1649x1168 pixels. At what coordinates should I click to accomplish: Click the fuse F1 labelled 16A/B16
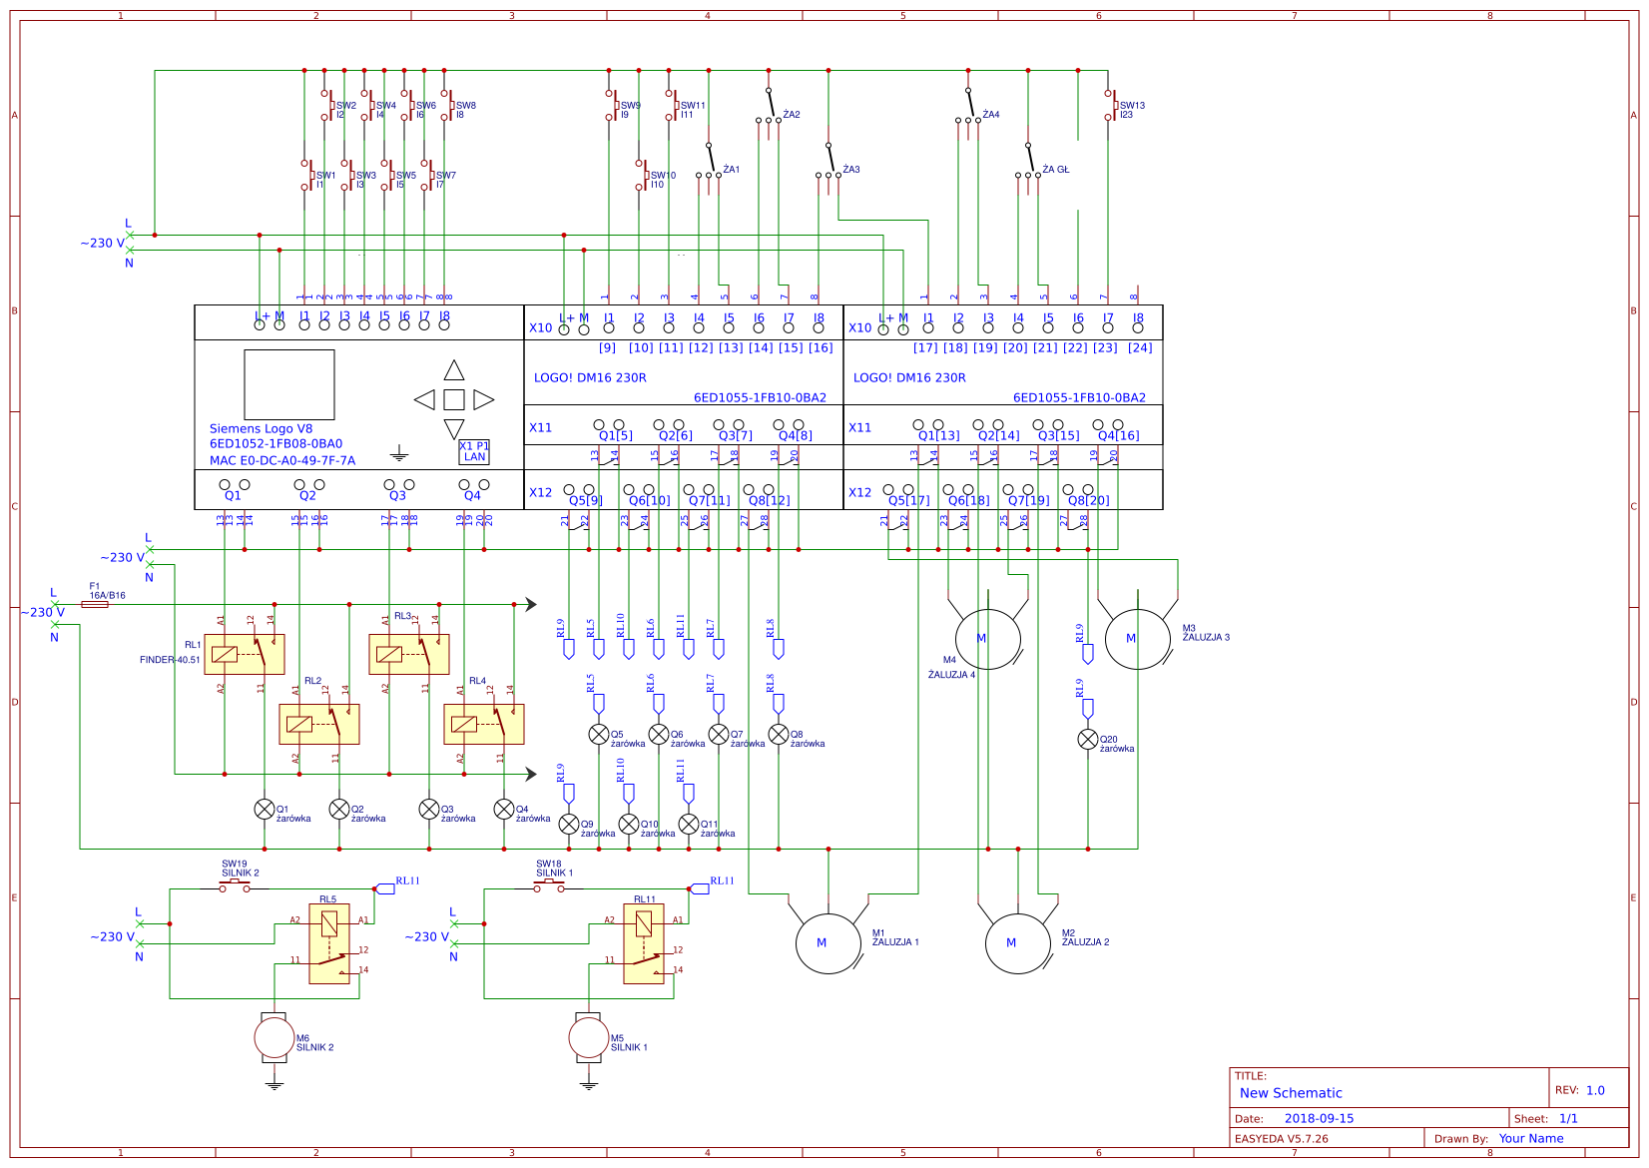(x=95, y=604)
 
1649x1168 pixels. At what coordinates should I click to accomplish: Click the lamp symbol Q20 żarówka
(x=1088, y=740)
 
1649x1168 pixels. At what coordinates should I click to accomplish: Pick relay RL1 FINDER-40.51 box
(x=245, y=654)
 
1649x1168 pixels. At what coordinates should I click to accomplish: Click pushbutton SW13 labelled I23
(x=1109, y=104)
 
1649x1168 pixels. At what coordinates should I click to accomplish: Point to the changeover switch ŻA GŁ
(x=1028, y=160)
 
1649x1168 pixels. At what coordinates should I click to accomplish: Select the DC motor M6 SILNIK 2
(x=275, y=1038)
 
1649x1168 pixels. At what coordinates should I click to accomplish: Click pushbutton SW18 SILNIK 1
(x=549, y=886)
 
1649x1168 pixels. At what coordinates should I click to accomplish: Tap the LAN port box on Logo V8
(x=474, y=452)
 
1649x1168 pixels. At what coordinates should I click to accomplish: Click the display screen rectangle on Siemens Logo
(x=289, y=384)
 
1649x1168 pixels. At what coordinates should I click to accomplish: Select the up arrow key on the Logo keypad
(x=454, y=370)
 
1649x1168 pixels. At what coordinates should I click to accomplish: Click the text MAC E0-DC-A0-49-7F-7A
(x=282, y=460)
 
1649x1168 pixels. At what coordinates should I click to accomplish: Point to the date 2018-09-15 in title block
(x=1319, y=1118)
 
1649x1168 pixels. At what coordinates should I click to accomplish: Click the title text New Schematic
(x=1291, y=1093)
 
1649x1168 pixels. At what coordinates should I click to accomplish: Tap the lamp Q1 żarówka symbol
(x=265, y=809)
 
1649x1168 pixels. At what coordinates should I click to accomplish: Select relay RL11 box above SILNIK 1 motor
(x=644, y=943)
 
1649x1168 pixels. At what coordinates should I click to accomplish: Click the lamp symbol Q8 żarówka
(x=779, y=735)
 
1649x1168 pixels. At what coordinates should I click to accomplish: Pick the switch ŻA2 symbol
(x=769, y=105)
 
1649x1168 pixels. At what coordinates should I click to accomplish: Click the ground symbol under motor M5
(x=589, y=1085)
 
